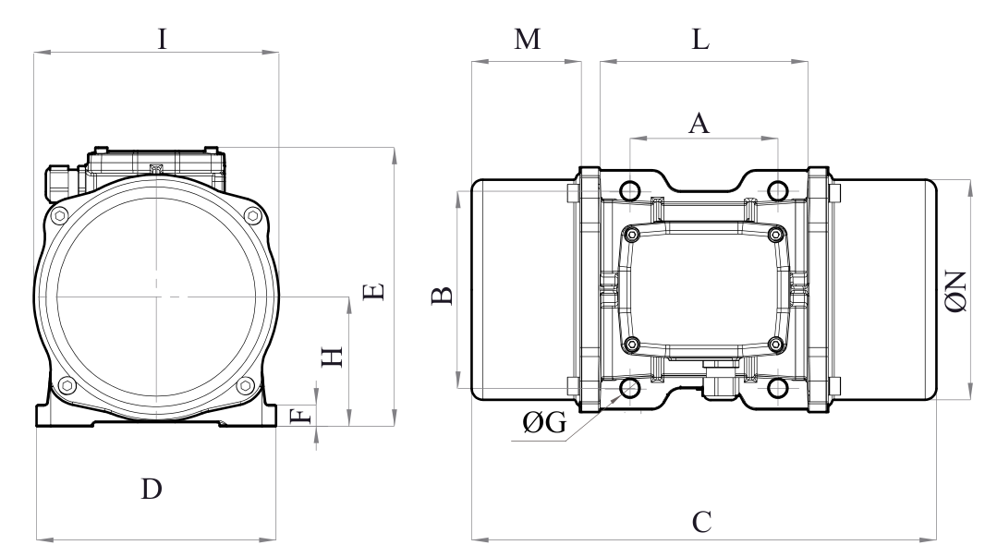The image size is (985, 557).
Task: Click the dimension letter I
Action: pyautogui.click(x=162, y=40)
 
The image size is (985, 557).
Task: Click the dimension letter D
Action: pyautogui.click(x=152, y=489)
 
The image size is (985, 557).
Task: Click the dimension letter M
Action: pyautogui.click(x=526, y=42)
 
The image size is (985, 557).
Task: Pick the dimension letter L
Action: pyautogui.click(x=701, y=42)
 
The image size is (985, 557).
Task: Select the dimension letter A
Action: pyautogui.click(x=700, y=123)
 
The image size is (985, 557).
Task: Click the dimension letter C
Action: pyautogui.click(x=701, y=522)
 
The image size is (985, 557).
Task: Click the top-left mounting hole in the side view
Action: pyautogui.click(x=630, y=191)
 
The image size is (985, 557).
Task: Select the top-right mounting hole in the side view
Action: pyautogui.click(x=778, y=191)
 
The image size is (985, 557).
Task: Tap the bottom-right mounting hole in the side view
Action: pyautogui.click(x=778, y=387)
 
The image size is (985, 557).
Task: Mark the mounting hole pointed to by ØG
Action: pyautogui.click(x=630, y=387)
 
